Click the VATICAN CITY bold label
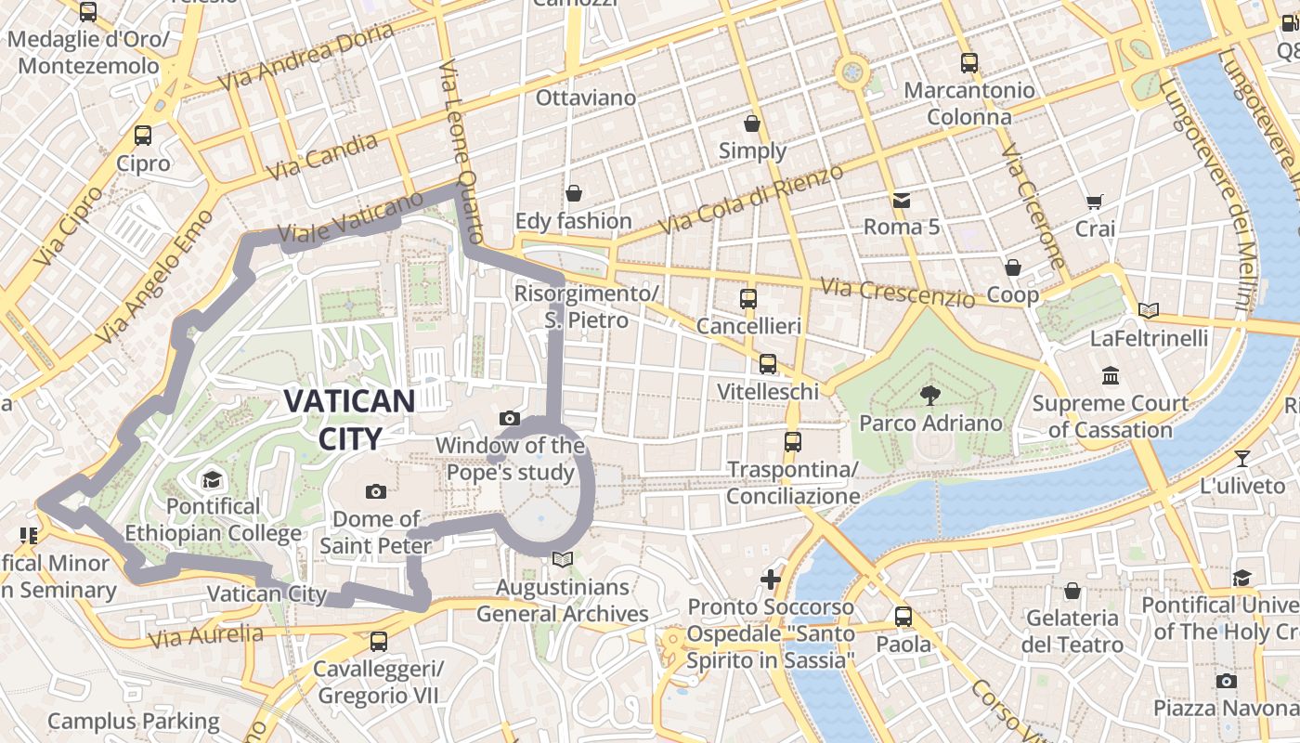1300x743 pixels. (348, 419)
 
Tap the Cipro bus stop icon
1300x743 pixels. (143, 136)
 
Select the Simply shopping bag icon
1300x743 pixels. (752, 124)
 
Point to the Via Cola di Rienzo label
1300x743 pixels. (750, 201)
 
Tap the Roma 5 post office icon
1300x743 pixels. (901, 200)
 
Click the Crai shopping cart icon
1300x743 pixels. (1095, 202)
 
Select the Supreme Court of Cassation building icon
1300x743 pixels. (1111, 376)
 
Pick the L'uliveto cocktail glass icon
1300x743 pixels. (1242, 458)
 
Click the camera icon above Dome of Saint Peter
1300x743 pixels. (376, 491)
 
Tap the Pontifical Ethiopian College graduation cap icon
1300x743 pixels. (213, 479)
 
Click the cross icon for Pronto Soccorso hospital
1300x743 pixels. (771, 580)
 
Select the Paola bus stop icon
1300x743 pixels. (903, 617)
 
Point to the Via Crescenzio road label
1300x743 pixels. (898, 293)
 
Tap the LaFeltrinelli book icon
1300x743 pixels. (1149, 311)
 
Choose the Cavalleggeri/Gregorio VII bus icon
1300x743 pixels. (378, 641)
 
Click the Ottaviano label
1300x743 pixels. (586, 98)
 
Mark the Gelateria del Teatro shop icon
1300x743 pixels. (1072, 591)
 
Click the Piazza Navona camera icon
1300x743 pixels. (1227, 681)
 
